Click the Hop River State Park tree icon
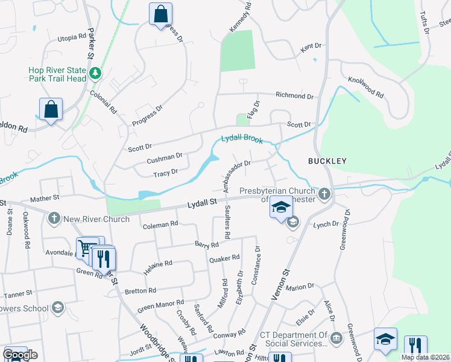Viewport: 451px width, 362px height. pyautogui.click(x=95, y=74)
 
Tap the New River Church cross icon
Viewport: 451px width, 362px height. pyautogui.click(x=54, y=218)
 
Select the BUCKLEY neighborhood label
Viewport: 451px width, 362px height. pyautogui.click(x=327, y=161)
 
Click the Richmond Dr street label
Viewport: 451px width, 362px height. pyautogui.click(x=295, y=96)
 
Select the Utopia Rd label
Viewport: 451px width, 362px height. pyautogui.click(x=72, y=37)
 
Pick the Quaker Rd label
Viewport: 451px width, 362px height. pyautogui.click(x=224, y=258)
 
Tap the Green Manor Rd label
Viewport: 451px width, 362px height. pyautogui.click(x=160, y=306)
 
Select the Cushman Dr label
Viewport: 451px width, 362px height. pyautogui.click(x=165, y=159)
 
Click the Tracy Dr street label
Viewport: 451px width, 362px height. pyautogui.click(x=165, y=172)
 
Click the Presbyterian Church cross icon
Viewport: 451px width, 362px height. pyautogui.click(x=325, y=194)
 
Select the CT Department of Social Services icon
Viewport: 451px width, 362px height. pyautogui.click(x=336, y=337)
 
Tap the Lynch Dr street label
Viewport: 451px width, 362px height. pyautogui.click(x=326, y=224)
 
